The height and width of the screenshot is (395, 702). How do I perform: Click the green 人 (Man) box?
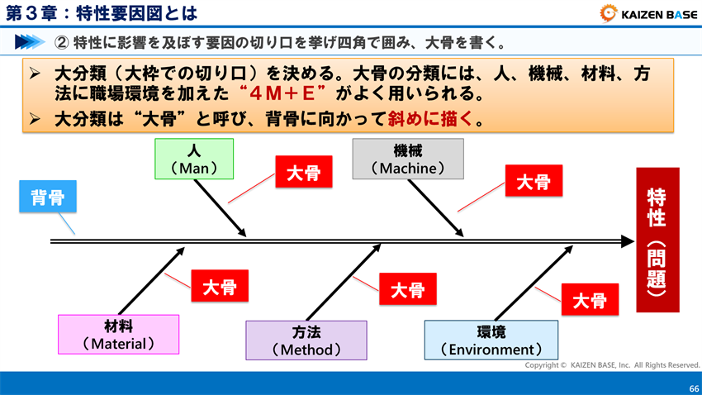(194, 159)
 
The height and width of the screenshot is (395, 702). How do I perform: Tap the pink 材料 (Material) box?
(118, 334)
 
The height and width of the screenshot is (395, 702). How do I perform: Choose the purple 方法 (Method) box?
(306, 340)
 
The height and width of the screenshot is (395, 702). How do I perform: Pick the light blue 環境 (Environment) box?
(491, 340)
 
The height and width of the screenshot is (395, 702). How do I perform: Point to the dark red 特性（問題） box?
(657, 240)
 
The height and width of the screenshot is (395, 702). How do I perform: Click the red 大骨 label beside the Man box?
(303, 173)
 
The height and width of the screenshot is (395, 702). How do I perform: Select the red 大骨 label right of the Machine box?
(533, 183)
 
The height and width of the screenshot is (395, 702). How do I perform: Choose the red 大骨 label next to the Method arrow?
(407, 289)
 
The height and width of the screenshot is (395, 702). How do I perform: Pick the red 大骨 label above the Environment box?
(590, 300)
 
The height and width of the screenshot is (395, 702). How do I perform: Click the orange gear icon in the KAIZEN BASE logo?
(609, 12)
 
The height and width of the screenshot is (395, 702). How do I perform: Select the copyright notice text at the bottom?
(612, 364)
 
